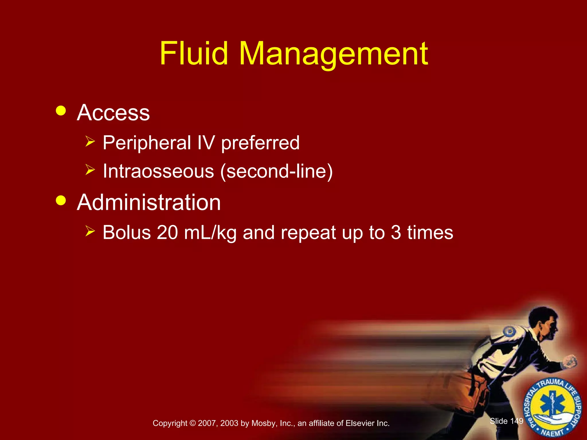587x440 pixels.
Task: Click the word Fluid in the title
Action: (194, 54)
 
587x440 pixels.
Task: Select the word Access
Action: (113, 113)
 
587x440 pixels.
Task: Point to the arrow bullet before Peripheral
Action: (90, 142)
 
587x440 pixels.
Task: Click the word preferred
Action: (260, 143)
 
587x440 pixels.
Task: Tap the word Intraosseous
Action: (158, 171)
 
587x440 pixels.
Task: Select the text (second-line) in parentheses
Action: (276, 171)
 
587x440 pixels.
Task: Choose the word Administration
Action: (149, 203)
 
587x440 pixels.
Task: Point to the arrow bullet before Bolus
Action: (90, 231)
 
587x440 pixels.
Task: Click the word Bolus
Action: (127, 232)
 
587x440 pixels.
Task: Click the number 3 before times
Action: (396, 232)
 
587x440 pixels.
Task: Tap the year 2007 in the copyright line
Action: (206, 423)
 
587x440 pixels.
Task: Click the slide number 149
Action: (517, 421)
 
